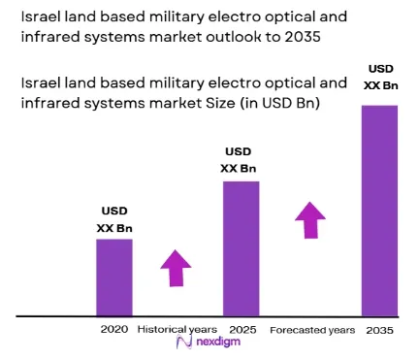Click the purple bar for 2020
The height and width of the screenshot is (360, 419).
pyautogui.click(x=114, y=278)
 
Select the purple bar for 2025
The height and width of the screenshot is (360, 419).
pyautogui.click(x=242, y=248)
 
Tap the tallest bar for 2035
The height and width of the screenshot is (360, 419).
pyautogui.click(x=379, y=211)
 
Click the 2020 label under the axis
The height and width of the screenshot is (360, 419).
pyautogui.click(x=114, y=329)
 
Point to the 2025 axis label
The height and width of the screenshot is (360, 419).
pyautogui.click(x=242, y=330)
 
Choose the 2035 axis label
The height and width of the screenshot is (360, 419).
pyautogui.click(x=380, y=331)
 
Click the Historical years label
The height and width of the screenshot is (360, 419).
pyautogui.click(x=177, y=330)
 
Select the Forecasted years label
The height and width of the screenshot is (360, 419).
pyautogui.click(x=312, y=330)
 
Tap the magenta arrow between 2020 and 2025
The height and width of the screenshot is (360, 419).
pyautogui.click(x=176, y=268)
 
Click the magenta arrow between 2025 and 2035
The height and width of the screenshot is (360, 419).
pyautogui.click(x=310, y=220)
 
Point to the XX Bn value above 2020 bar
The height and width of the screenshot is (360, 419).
pyautogui.click(x=114, y=228)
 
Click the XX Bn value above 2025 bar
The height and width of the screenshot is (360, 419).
pyautogui.click(x=239, y=169)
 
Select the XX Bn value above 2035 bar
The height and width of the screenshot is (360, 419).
pyautogui.click(x=381, y=85)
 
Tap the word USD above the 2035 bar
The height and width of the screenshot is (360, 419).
pyautogui.click(x=381, y=69)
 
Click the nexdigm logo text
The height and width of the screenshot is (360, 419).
pyautogui.click(x=218, y=342)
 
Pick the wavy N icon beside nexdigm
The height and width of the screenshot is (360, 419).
pyautogui.click(x=184, y=343)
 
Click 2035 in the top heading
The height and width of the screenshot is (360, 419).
pyautogui.click(x=303, y=37)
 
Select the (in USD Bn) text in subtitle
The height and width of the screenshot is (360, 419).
pyautogui.click(x=280, y=103)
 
